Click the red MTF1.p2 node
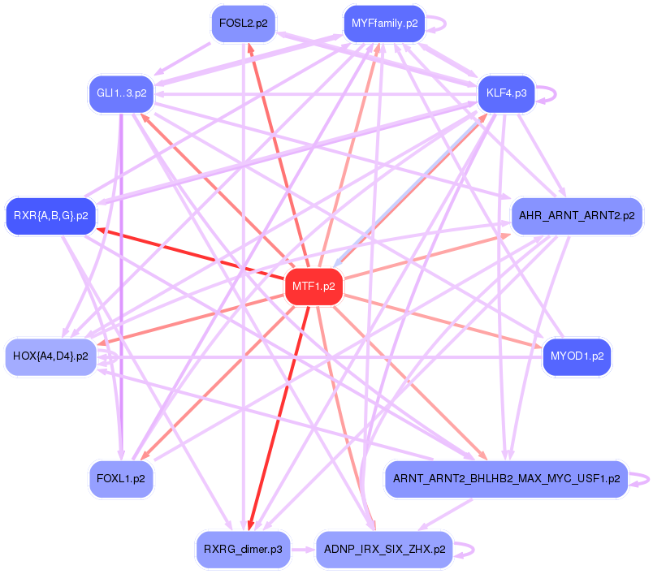point(314,286)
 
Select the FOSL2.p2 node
point(243,24)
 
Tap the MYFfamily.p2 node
point(384,24)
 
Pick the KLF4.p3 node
point(506,93)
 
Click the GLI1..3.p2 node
point(121,93)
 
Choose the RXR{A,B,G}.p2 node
point(50,216)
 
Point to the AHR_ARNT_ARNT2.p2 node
point(576,216)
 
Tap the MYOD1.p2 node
point(577,356)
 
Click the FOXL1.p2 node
point(121,479)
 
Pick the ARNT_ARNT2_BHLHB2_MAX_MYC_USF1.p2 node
point(506,479)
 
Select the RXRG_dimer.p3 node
point(243,550)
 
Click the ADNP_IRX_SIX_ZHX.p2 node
point(384,550)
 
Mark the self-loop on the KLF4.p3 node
point(551,93)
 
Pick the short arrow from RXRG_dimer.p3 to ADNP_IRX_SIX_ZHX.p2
point(303,550)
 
